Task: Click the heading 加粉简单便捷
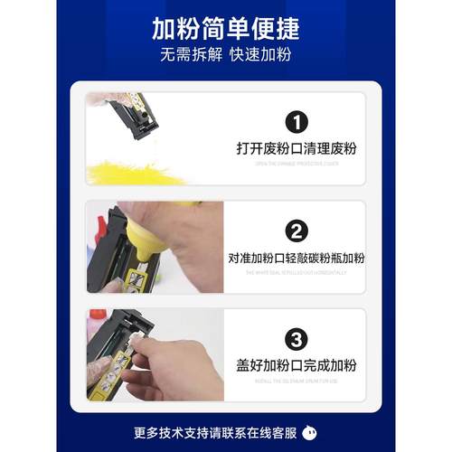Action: [225, 26]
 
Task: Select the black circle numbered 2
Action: [296, 231]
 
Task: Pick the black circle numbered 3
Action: [296, 340]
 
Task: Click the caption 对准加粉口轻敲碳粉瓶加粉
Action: [296, 259]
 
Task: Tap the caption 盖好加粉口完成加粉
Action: [296, 367]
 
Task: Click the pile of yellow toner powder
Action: [127, 172]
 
